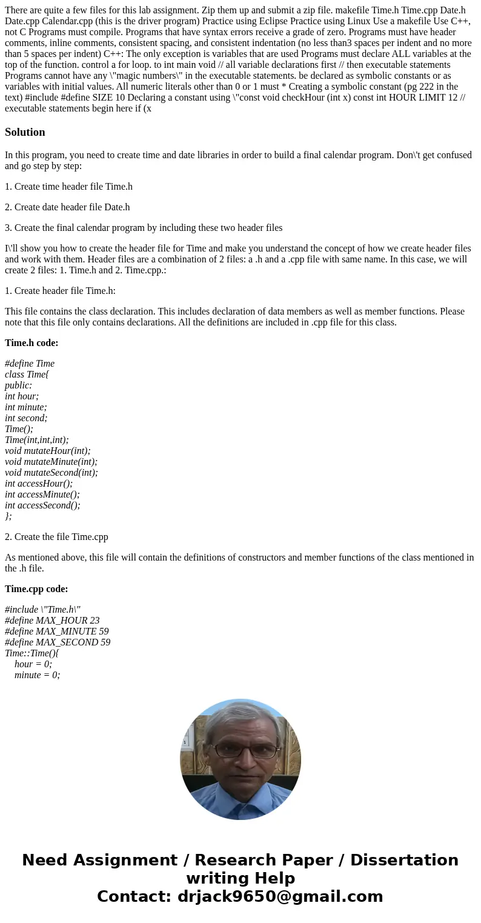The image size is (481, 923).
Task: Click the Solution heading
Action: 25,132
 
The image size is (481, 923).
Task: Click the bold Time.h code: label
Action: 32,343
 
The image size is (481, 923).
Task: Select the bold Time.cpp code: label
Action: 36,589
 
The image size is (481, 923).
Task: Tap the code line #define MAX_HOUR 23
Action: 52,621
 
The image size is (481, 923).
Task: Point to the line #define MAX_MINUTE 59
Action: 57,631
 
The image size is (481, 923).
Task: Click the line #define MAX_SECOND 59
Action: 58,642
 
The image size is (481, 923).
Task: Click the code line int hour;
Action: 22,396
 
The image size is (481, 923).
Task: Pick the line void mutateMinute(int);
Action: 51,462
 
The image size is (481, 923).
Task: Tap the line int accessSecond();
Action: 42,505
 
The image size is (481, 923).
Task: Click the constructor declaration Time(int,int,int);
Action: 37,440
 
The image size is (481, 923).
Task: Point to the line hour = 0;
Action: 33,664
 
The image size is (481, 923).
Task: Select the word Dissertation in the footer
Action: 404,861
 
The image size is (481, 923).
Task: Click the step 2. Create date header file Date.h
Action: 67,207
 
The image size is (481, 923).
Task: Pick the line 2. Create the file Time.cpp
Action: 56,537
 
